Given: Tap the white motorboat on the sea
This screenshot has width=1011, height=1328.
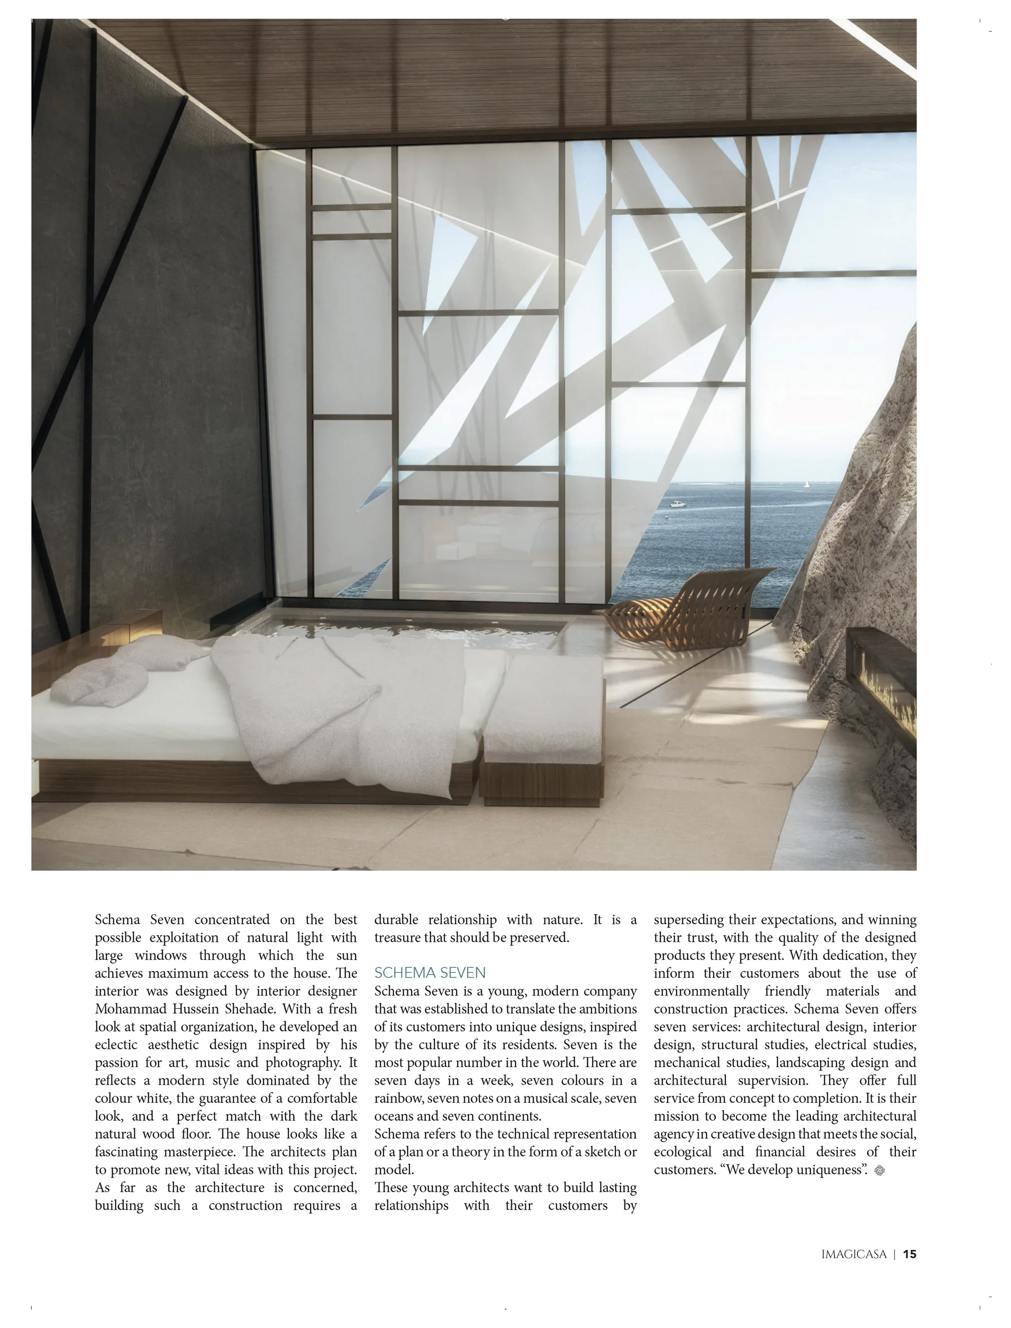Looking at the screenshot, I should tap(678, 504).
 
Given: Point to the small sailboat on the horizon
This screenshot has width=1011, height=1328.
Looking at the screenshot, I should tap(806, 483).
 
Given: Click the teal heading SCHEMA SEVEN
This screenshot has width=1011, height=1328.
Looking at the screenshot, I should tap(430, 973).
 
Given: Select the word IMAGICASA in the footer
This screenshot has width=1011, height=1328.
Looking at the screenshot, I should tap(854, 1255).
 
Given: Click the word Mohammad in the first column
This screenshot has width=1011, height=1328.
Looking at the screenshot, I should tap(126, 1009).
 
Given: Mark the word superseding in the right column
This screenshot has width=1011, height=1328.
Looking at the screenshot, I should tap(690, 920).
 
